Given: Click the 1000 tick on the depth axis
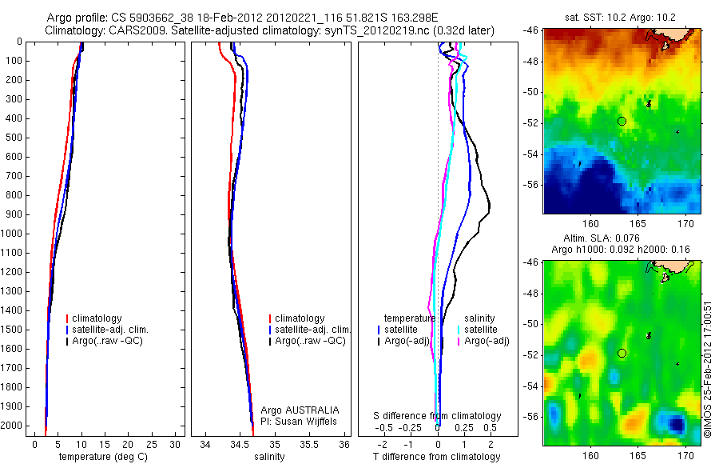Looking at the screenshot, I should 12,234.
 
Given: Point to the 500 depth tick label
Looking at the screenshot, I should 12,138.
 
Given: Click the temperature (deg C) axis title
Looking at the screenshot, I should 101,457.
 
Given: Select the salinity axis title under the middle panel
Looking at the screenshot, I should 268,457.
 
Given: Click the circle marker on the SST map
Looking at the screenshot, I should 622,122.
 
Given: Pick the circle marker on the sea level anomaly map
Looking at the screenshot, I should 622,353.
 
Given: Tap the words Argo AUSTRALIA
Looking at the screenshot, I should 294,410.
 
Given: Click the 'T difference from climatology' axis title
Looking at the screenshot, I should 437,457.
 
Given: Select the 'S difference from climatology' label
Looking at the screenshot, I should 437,416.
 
